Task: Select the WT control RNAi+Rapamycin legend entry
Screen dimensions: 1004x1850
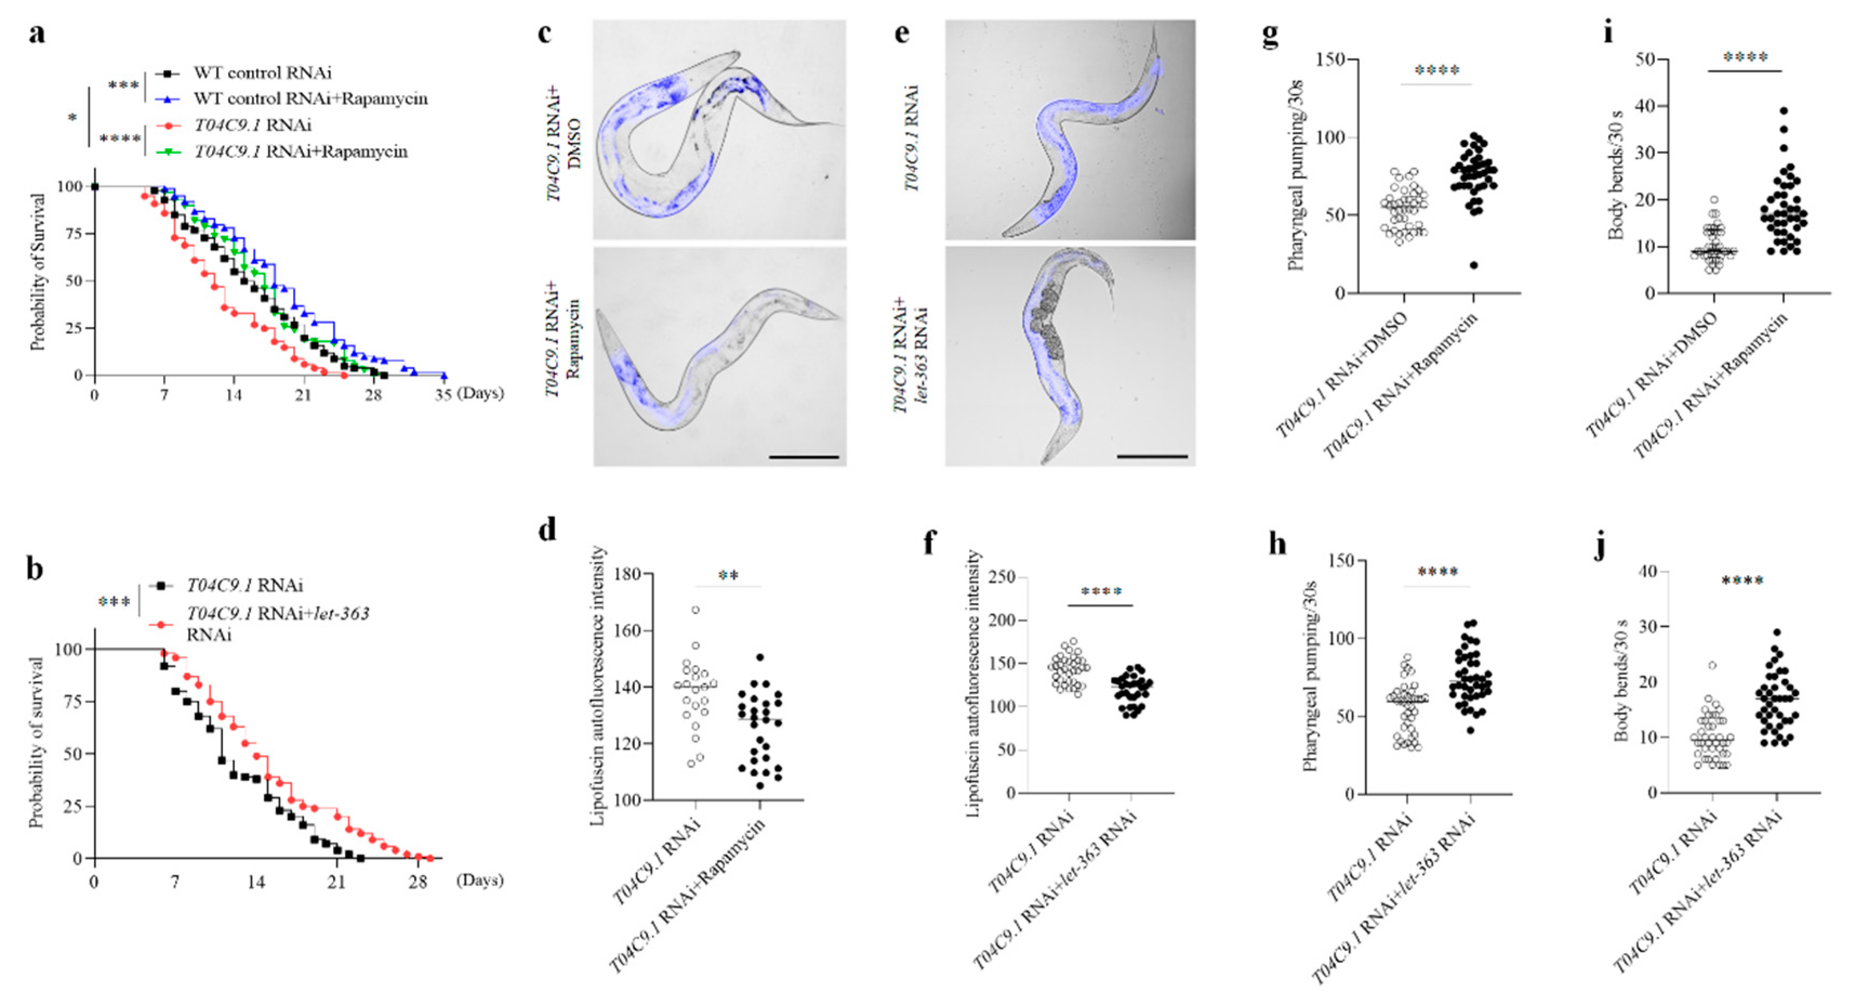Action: point(309,98)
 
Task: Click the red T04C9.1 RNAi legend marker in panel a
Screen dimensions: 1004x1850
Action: point(169,125)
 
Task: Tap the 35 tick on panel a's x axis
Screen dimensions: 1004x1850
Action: point(443,394)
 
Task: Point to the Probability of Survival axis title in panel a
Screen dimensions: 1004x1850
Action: point(37,272)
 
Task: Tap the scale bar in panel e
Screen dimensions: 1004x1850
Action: point(1152,456)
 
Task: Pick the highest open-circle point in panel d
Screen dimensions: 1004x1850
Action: point(695,610)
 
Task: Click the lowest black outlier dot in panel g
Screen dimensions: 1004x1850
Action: point(1474,265)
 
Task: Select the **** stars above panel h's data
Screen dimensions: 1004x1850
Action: point(1438,572)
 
